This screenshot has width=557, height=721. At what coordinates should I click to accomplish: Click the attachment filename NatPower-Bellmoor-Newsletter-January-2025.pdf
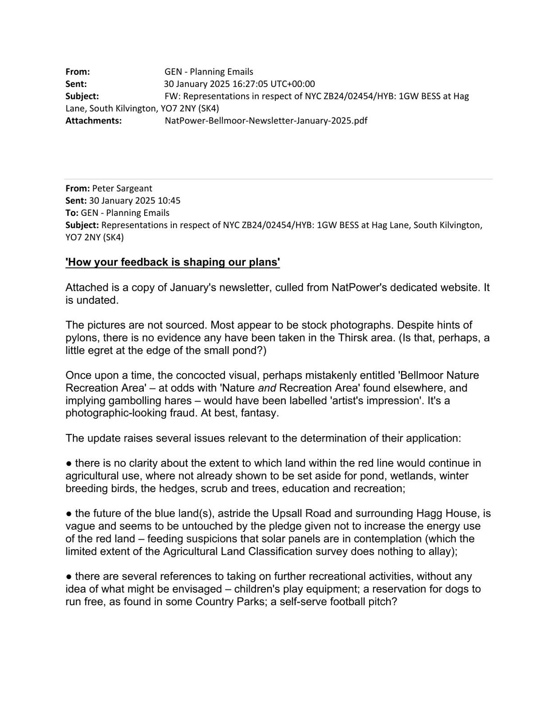click(266, 121)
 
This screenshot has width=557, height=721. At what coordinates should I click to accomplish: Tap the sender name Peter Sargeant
click(122, 188)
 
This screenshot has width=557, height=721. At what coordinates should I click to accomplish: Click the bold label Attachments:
click(94, 121)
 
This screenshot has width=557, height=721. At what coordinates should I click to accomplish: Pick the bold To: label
click(72, 213)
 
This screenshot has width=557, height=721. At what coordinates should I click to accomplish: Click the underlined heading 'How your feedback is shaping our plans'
click(173, 262)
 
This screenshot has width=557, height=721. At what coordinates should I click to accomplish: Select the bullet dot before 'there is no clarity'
click(69, 463)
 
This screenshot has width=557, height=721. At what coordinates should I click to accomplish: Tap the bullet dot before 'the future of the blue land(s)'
click(69, 514)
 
